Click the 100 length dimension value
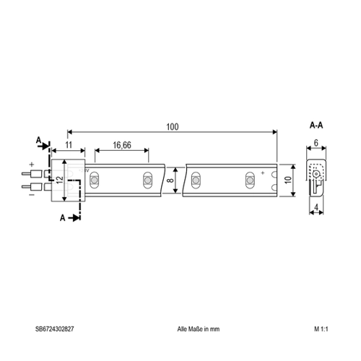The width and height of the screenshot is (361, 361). [x=173, y=127]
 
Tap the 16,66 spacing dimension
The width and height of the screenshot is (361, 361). [x=122, y=145]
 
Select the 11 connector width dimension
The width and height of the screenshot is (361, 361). [x=69, y=145]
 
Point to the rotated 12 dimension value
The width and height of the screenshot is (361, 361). [x=60, y=180]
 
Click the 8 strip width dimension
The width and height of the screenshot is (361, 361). [x=170, y=180]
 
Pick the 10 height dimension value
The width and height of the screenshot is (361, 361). [x=288, y=180]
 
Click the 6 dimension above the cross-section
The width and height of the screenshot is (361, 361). [x=316, y=143]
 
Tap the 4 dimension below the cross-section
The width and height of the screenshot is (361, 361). [x=316, y=207]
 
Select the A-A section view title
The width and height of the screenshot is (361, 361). [x=316, y=126]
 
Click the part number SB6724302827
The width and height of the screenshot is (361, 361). [x=55, y=329]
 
